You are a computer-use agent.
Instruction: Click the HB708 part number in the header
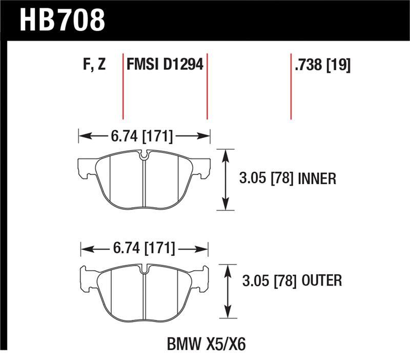[62, 20]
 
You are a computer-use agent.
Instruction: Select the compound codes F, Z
[93, 65]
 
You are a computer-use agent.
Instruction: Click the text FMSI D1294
[165, 65]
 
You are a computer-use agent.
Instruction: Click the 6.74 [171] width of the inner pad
[141, 137]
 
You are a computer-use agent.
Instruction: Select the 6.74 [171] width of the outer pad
[143, 250]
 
